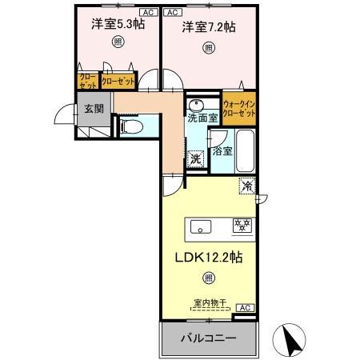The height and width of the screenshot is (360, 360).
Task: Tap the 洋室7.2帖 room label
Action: [x=207, y=26]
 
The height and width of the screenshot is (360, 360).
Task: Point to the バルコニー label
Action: [x=207, y=339]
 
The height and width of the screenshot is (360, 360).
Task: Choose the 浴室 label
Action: [x=223, y=150]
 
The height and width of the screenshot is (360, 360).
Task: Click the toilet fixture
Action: [x=132, y=126]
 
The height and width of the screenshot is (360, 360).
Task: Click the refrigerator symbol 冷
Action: [x=246, y=186]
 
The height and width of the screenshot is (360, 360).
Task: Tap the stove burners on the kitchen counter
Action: [x=242, y=226]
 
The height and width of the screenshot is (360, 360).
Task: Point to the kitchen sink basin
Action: [x=200, y=226]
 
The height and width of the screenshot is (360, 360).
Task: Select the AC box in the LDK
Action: [x=245, y=307]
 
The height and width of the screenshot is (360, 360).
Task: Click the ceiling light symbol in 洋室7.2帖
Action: [x=207, y=48]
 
